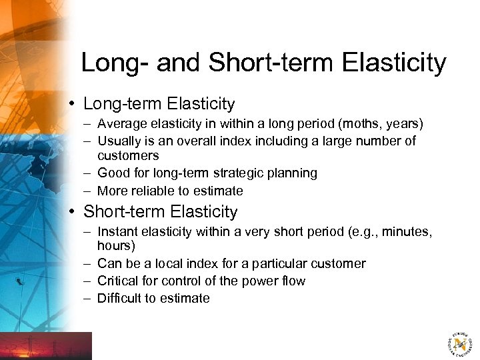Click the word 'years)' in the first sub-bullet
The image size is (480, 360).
406,124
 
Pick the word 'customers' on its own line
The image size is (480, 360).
128,156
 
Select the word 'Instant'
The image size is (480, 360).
117,232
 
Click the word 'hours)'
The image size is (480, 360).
116,246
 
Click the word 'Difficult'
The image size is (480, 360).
122,299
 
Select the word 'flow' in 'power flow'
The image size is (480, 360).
293,281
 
